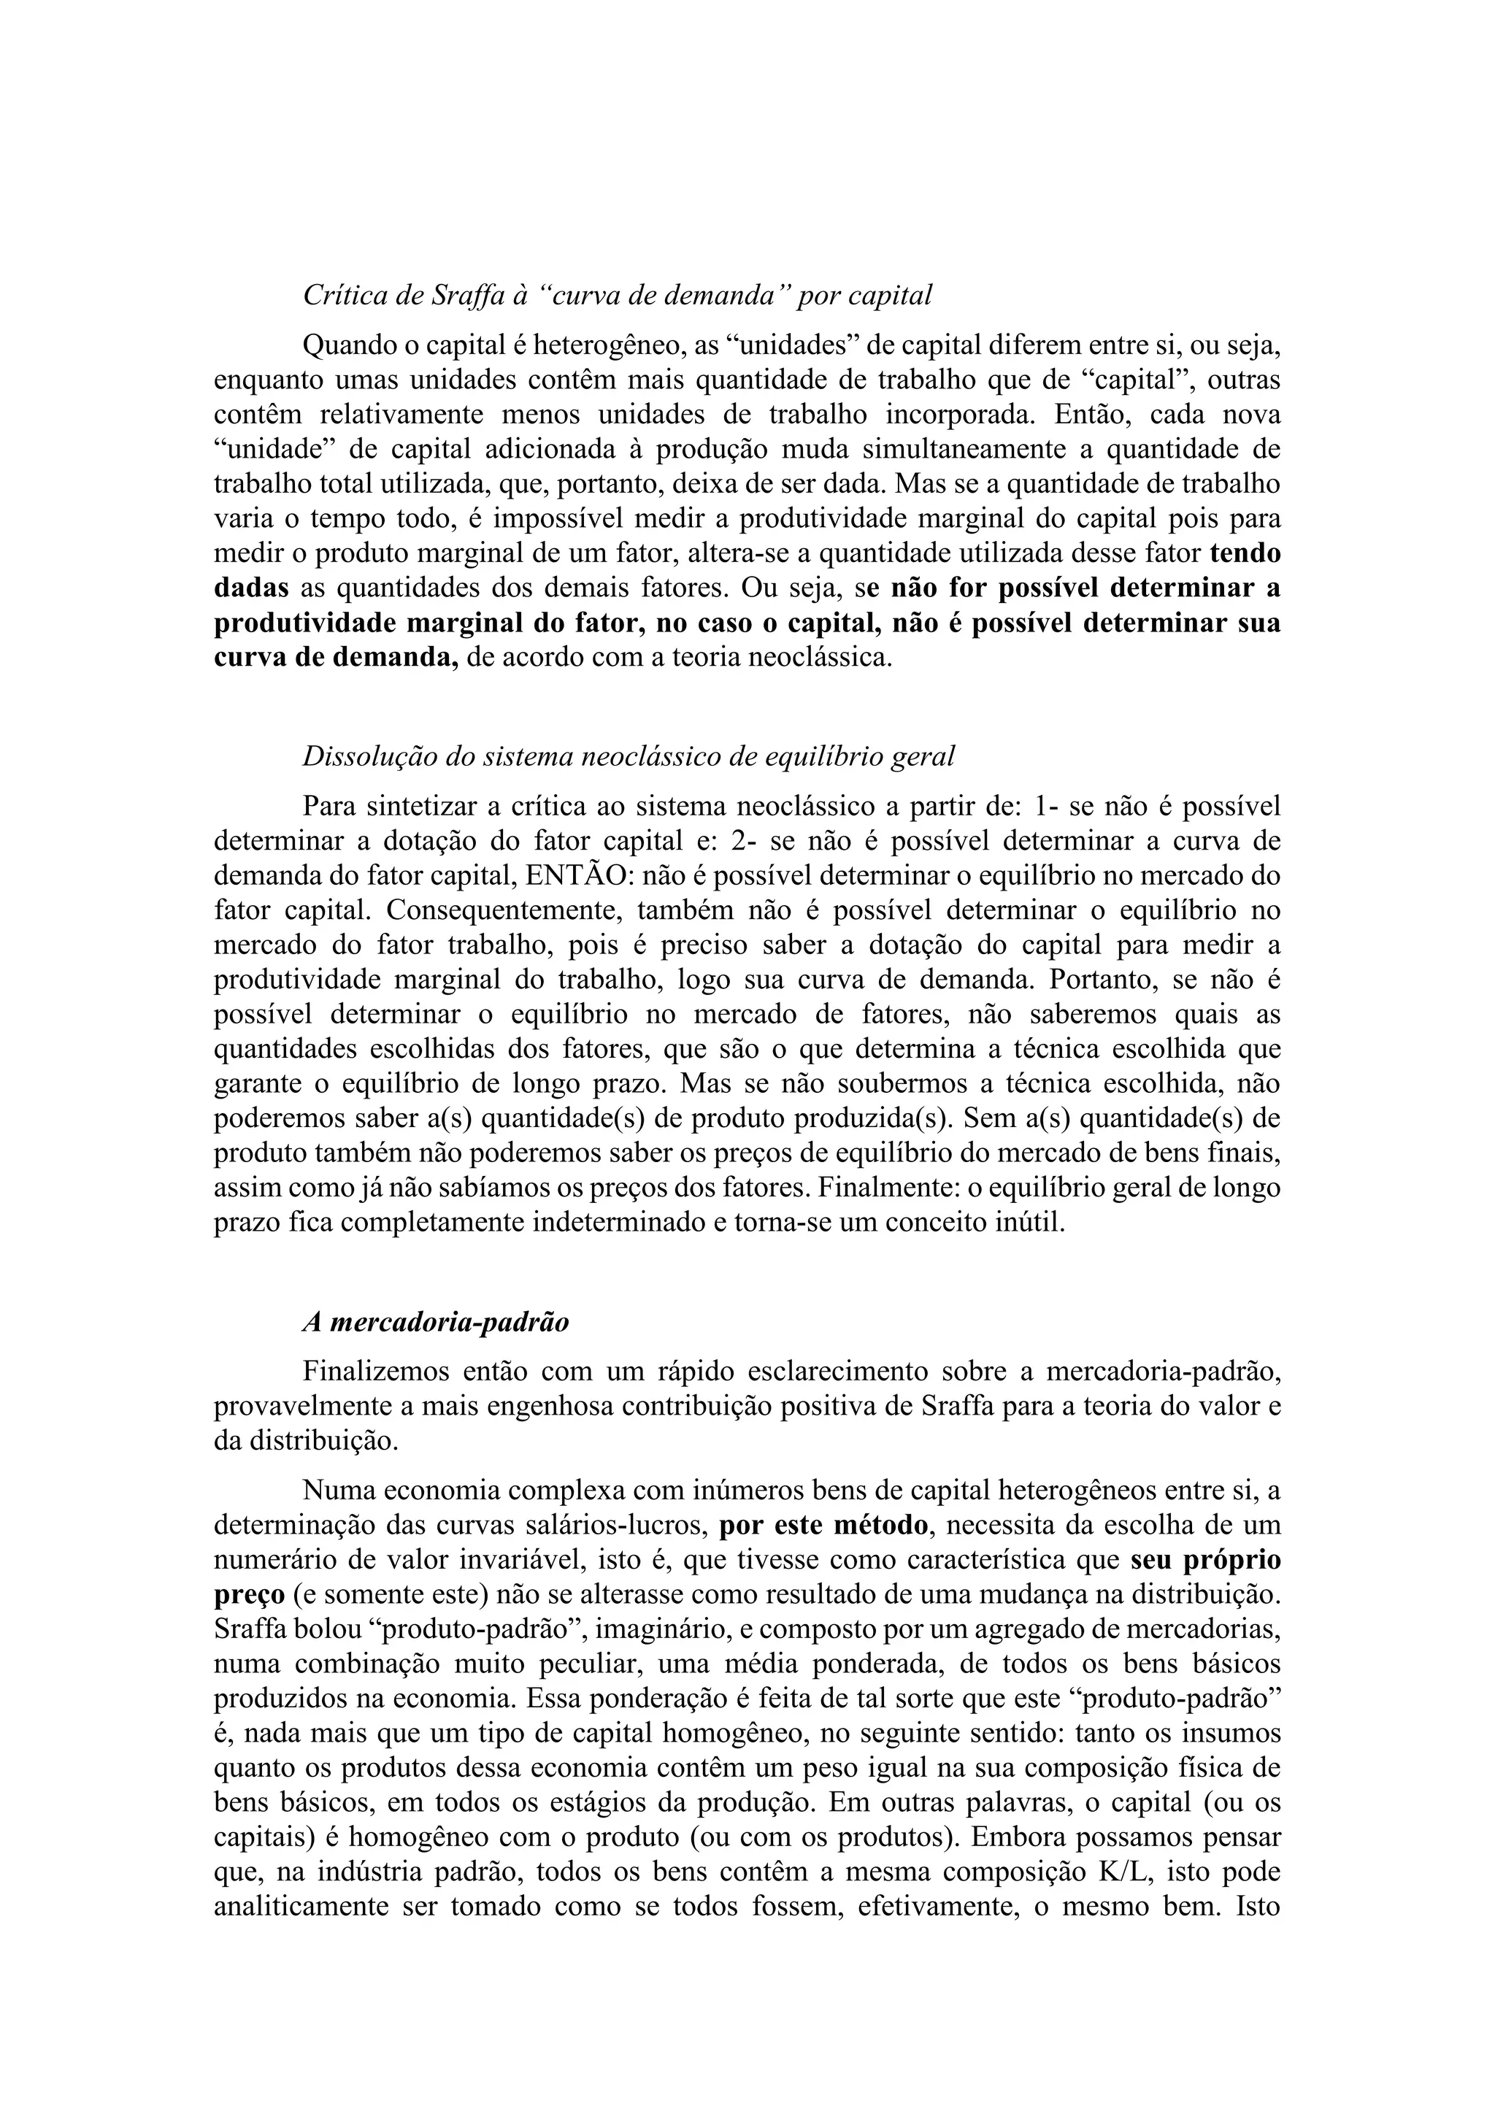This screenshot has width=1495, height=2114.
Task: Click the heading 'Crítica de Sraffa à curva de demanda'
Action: coord(617,296)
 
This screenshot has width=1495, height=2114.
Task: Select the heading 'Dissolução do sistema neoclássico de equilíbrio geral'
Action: coord(629,757)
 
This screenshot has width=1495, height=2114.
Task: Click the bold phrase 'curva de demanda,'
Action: coord(336,658)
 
